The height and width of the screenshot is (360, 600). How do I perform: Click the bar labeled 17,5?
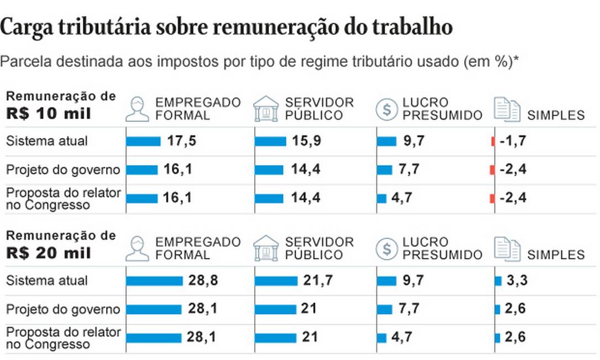click(143, 141)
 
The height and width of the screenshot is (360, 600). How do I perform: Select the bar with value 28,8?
click(154, 281)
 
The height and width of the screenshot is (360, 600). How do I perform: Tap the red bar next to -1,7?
click(492, 141)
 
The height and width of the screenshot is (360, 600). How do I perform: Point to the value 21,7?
click(318, 281)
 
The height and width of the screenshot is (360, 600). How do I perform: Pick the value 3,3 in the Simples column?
click(517, 281)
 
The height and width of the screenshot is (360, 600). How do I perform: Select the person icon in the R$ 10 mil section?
click(137, 108)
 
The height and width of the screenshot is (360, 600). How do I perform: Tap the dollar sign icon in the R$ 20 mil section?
click(386, 248)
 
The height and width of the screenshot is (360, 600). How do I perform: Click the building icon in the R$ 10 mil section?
click(266, 108)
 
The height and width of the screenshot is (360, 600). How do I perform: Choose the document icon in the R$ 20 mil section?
click(507, 248)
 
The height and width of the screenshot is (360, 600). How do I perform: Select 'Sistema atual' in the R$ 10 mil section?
click(47, 141)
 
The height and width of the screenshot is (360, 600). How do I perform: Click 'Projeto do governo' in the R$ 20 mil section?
click(62, 309)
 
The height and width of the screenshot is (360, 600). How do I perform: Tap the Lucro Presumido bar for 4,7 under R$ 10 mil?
click(382, 198)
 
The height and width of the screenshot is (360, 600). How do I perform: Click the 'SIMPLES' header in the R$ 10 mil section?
click(556, 115)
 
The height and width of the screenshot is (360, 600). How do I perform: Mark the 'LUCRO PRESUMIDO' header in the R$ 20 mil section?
click(442, 248)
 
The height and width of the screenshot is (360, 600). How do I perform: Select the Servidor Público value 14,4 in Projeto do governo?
click(306, 170)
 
